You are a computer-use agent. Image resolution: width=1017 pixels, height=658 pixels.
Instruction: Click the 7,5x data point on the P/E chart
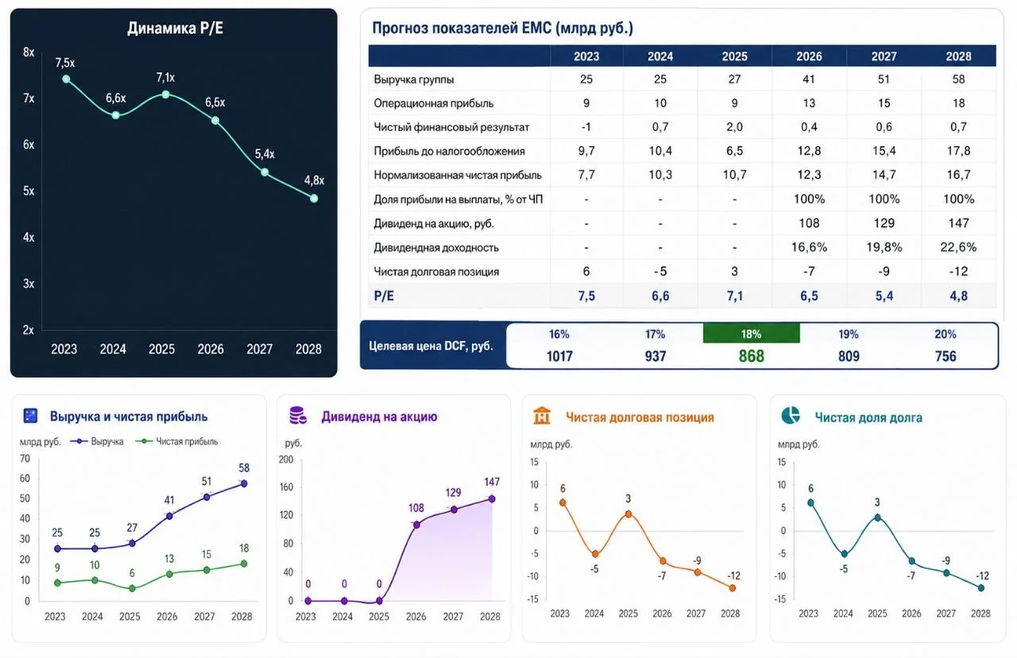(66, 79)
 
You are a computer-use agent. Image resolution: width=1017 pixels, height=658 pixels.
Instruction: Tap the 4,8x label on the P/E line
(314, 180)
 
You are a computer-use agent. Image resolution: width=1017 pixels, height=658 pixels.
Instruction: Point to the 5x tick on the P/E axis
(29, 191)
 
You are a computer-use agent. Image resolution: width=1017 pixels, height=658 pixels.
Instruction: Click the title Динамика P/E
(175, 28)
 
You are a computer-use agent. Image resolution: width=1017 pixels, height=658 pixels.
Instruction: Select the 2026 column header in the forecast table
(809, 56)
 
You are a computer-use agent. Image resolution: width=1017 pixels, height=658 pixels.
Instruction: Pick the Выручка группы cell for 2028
(958, 79)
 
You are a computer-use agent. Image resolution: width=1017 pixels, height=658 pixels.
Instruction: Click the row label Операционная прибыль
(433, 103)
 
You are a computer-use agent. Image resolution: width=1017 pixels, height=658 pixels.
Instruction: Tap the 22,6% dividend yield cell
(958, 247)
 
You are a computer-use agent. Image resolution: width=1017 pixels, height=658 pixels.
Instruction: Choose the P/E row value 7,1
(734, 296)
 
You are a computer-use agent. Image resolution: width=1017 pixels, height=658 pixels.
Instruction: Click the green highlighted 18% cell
(751, 333)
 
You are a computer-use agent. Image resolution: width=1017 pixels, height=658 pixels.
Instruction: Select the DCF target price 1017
(559, 356)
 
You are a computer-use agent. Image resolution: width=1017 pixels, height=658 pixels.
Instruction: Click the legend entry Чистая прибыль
(177, 441)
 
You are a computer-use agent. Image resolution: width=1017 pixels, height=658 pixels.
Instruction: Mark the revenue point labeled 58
(244, 483)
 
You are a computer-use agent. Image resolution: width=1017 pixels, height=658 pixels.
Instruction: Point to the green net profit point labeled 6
(132, 588)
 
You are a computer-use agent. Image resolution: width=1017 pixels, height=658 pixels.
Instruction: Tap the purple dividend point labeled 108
(416, 525)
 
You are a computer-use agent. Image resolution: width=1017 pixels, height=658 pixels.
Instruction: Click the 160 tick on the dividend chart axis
(286, 487)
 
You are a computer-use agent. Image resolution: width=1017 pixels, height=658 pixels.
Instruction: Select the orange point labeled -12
(732, 588)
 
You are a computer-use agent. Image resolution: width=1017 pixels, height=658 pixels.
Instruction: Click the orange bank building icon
(542, 415)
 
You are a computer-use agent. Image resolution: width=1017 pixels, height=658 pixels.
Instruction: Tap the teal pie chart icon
(791, 415)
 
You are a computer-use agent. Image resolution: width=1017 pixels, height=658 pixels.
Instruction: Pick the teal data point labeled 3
(878, 518)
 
